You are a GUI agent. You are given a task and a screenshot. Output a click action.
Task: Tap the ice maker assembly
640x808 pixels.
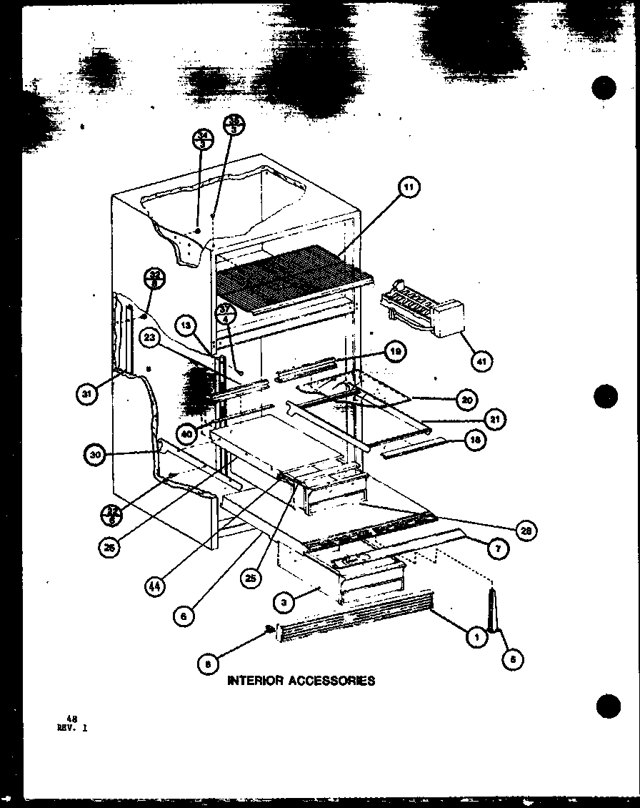click(422, 310)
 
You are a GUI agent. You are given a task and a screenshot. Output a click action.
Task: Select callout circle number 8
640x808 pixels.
click(208, 664)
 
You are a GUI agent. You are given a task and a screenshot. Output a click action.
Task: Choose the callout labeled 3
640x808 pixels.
click(284, 603)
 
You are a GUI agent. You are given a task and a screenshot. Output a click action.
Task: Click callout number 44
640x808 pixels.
click(154, 586)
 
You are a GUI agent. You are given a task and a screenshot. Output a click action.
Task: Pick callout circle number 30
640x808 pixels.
click(95, 454)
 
